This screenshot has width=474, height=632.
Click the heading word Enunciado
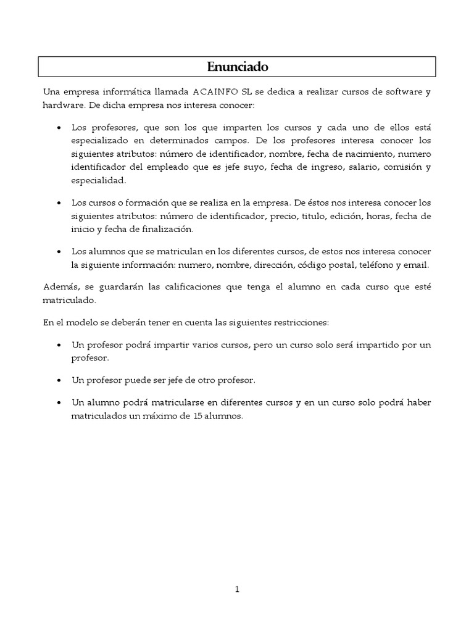point(237,66)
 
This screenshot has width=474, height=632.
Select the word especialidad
point(98,180)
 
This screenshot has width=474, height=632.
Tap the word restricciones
point(300,322)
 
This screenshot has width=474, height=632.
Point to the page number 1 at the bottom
point(237,589)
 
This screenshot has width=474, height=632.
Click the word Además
point(57,287)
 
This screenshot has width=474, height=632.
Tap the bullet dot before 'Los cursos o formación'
point(58,203)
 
